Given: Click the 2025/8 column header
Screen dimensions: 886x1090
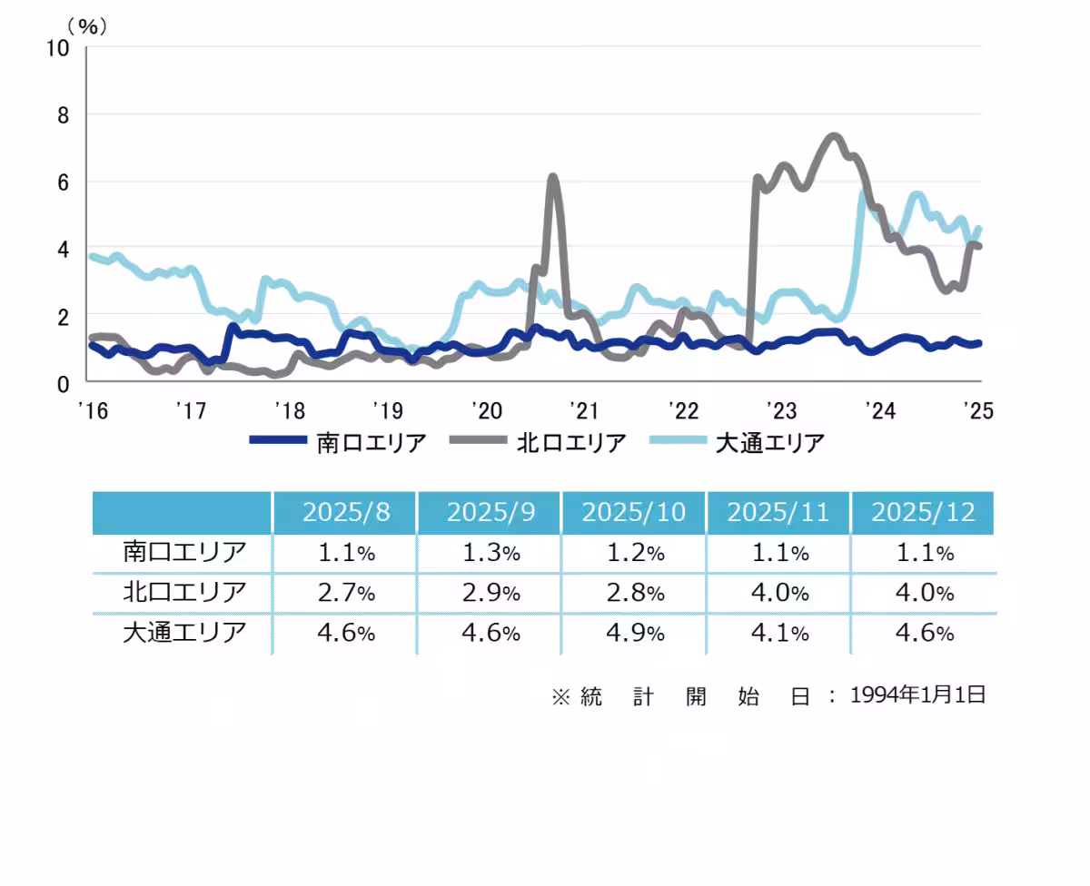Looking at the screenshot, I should [x=346, y=512].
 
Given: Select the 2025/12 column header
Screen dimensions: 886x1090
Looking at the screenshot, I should [x=923, y=512].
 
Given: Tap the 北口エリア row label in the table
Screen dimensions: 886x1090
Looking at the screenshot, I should [x=184, y=593].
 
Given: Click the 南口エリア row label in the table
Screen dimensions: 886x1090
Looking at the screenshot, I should [x=184, y=552].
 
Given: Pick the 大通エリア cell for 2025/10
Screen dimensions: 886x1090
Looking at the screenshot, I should [x=635, y=633].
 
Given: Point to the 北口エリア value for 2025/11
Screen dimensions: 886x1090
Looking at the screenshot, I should [x=778, y=593].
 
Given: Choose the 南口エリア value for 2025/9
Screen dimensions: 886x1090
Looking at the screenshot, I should [x=490, y=552].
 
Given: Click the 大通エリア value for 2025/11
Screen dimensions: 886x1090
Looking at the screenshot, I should [x=778, y=633].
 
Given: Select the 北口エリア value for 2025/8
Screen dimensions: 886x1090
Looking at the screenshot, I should [x=346, y=593].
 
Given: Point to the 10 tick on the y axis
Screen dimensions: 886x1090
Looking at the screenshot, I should [x=57, y=47].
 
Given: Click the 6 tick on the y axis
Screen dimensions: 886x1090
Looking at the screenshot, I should [x=63, y=182].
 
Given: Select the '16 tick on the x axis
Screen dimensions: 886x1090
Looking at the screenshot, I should [x=93, y=411].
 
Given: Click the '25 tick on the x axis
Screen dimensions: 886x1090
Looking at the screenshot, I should [x=977, y=411].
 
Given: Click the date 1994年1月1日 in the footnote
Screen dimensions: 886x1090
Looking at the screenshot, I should [x=918, y=695].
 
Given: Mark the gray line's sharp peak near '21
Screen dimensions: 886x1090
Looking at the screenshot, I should [x=553, y=177].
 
